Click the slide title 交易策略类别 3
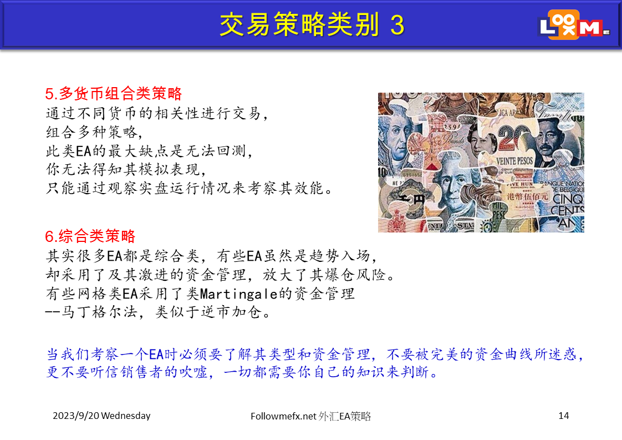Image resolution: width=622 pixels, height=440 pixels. (x=312, y=24)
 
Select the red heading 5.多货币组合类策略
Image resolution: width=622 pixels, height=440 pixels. (x=114, y=94)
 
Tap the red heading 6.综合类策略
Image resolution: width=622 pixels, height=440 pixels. (x=90, y=236)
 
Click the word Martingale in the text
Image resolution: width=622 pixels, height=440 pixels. (x=238, y=294)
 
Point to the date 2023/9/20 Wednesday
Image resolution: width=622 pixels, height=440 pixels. (x=101, y=416)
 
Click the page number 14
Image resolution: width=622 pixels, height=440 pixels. (x=564, y=416)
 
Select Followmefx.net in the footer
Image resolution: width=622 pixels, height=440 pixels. (x=283, y=416)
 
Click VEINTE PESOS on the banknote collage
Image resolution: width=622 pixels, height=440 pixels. (x=514, y=161)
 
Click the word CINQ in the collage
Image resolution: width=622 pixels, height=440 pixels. (x=568, y=199)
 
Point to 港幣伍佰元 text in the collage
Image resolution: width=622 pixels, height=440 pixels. (x=527, y=196)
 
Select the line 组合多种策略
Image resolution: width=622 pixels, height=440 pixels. (x=94, y=132)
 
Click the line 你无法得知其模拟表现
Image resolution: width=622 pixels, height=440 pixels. (x=126, y=169)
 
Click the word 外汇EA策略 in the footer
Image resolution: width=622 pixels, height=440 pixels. (x=344, y=416)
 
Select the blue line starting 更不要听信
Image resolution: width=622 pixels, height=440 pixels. (x=242, y=372)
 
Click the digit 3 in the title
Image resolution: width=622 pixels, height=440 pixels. (x=397, y=25)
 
